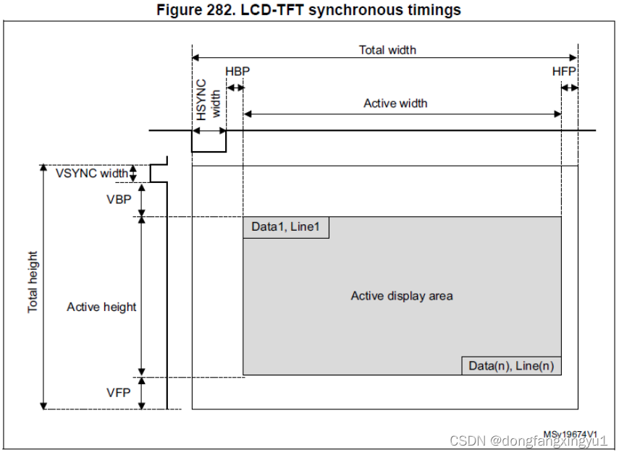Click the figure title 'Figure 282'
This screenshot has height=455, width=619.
tap(309, 10)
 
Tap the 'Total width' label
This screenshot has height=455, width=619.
tap(387, 50)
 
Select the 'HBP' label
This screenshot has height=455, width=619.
tap(237, 72)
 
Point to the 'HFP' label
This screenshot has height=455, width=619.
tap(564, 72)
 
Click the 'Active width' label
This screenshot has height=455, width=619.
tap(395, 103)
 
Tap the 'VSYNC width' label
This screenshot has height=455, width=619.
tap(92, 173)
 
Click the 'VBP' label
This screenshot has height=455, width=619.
tap(118, 199)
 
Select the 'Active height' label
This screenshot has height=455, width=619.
tap(101, 307)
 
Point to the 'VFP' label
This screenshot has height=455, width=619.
tap(118, 393)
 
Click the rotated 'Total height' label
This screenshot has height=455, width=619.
tap(33, 282)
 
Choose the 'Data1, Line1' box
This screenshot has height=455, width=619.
tap(285, 227)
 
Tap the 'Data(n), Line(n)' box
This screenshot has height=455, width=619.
tap(511, 366)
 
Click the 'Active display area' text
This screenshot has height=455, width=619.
tap(402, 296)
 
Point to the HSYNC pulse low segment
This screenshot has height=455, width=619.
tap(209, 151)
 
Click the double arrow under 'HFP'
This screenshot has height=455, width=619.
tap(570, 88)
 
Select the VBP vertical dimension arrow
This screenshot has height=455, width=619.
tap(142, 199)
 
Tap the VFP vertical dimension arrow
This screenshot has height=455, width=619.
tap(142, 393)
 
